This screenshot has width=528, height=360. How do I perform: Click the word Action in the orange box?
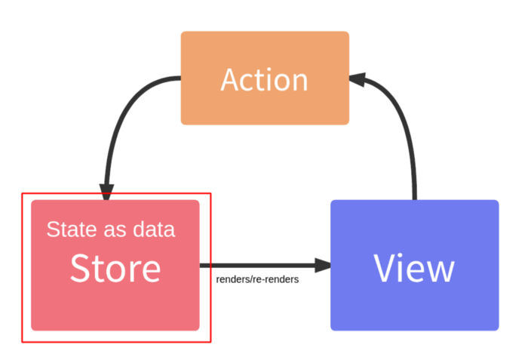pyautogui.click(x=264, y=79)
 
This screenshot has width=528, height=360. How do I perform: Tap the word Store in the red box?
pyautogui.click(x=115, y=269)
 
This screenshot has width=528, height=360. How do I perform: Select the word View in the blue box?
pyautogui.click(x=414, y=269)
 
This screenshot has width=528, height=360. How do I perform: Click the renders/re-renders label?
pyautogui.click(x=258, y=279)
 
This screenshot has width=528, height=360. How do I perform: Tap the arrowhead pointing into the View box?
pyautogui.click(x=323, y=265)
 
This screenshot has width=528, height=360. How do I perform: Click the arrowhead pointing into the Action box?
pyautogui.click(x=358, y=79)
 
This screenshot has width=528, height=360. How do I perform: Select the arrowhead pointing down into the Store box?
pyautogui.click(x=106, y=192)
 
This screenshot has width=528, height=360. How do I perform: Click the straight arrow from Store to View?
pyautogui.click(x=266, y=265)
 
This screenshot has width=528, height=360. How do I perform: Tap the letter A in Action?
pyautogui.click(x=231, y=79)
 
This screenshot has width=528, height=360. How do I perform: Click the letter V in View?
pyautogui.click(x=385, y=269)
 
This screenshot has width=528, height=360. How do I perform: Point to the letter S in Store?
pyautogui.click(x=80, y=269)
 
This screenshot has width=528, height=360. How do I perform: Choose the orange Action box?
pyautogui.click(x=265, y=78)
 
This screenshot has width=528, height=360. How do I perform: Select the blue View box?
pyautogui.click(x=415, y=265)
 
